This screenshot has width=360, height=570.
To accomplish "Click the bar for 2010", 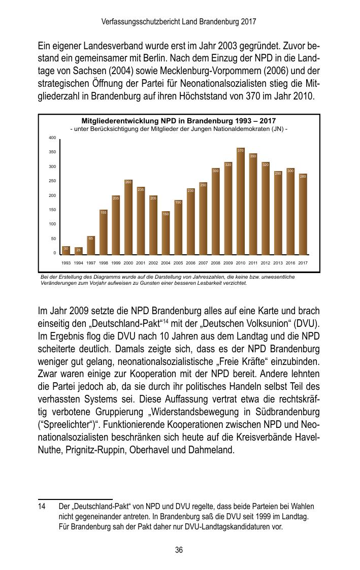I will point(241,203).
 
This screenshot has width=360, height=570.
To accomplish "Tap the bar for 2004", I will point(166,233).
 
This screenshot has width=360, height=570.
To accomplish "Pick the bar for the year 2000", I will point(128,218).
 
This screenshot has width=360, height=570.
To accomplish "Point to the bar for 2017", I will point(303,216).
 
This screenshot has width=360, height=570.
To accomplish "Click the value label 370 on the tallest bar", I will point(241,150).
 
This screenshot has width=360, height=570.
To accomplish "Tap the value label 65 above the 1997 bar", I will point(91,238).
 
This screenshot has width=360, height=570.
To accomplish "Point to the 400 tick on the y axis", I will point(52,138).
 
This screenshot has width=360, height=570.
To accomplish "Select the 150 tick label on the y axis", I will point(52,210).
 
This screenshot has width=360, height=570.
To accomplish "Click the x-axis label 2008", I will point(215,263).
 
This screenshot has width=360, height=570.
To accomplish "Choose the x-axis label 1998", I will point(103,263).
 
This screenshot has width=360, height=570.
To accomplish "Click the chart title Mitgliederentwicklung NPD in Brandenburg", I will point(179,121).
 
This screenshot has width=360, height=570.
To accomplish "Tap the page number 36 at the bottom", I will point(179,550).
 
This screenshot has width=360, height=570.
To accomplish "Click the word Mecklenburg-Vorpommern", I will point(226,72).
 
